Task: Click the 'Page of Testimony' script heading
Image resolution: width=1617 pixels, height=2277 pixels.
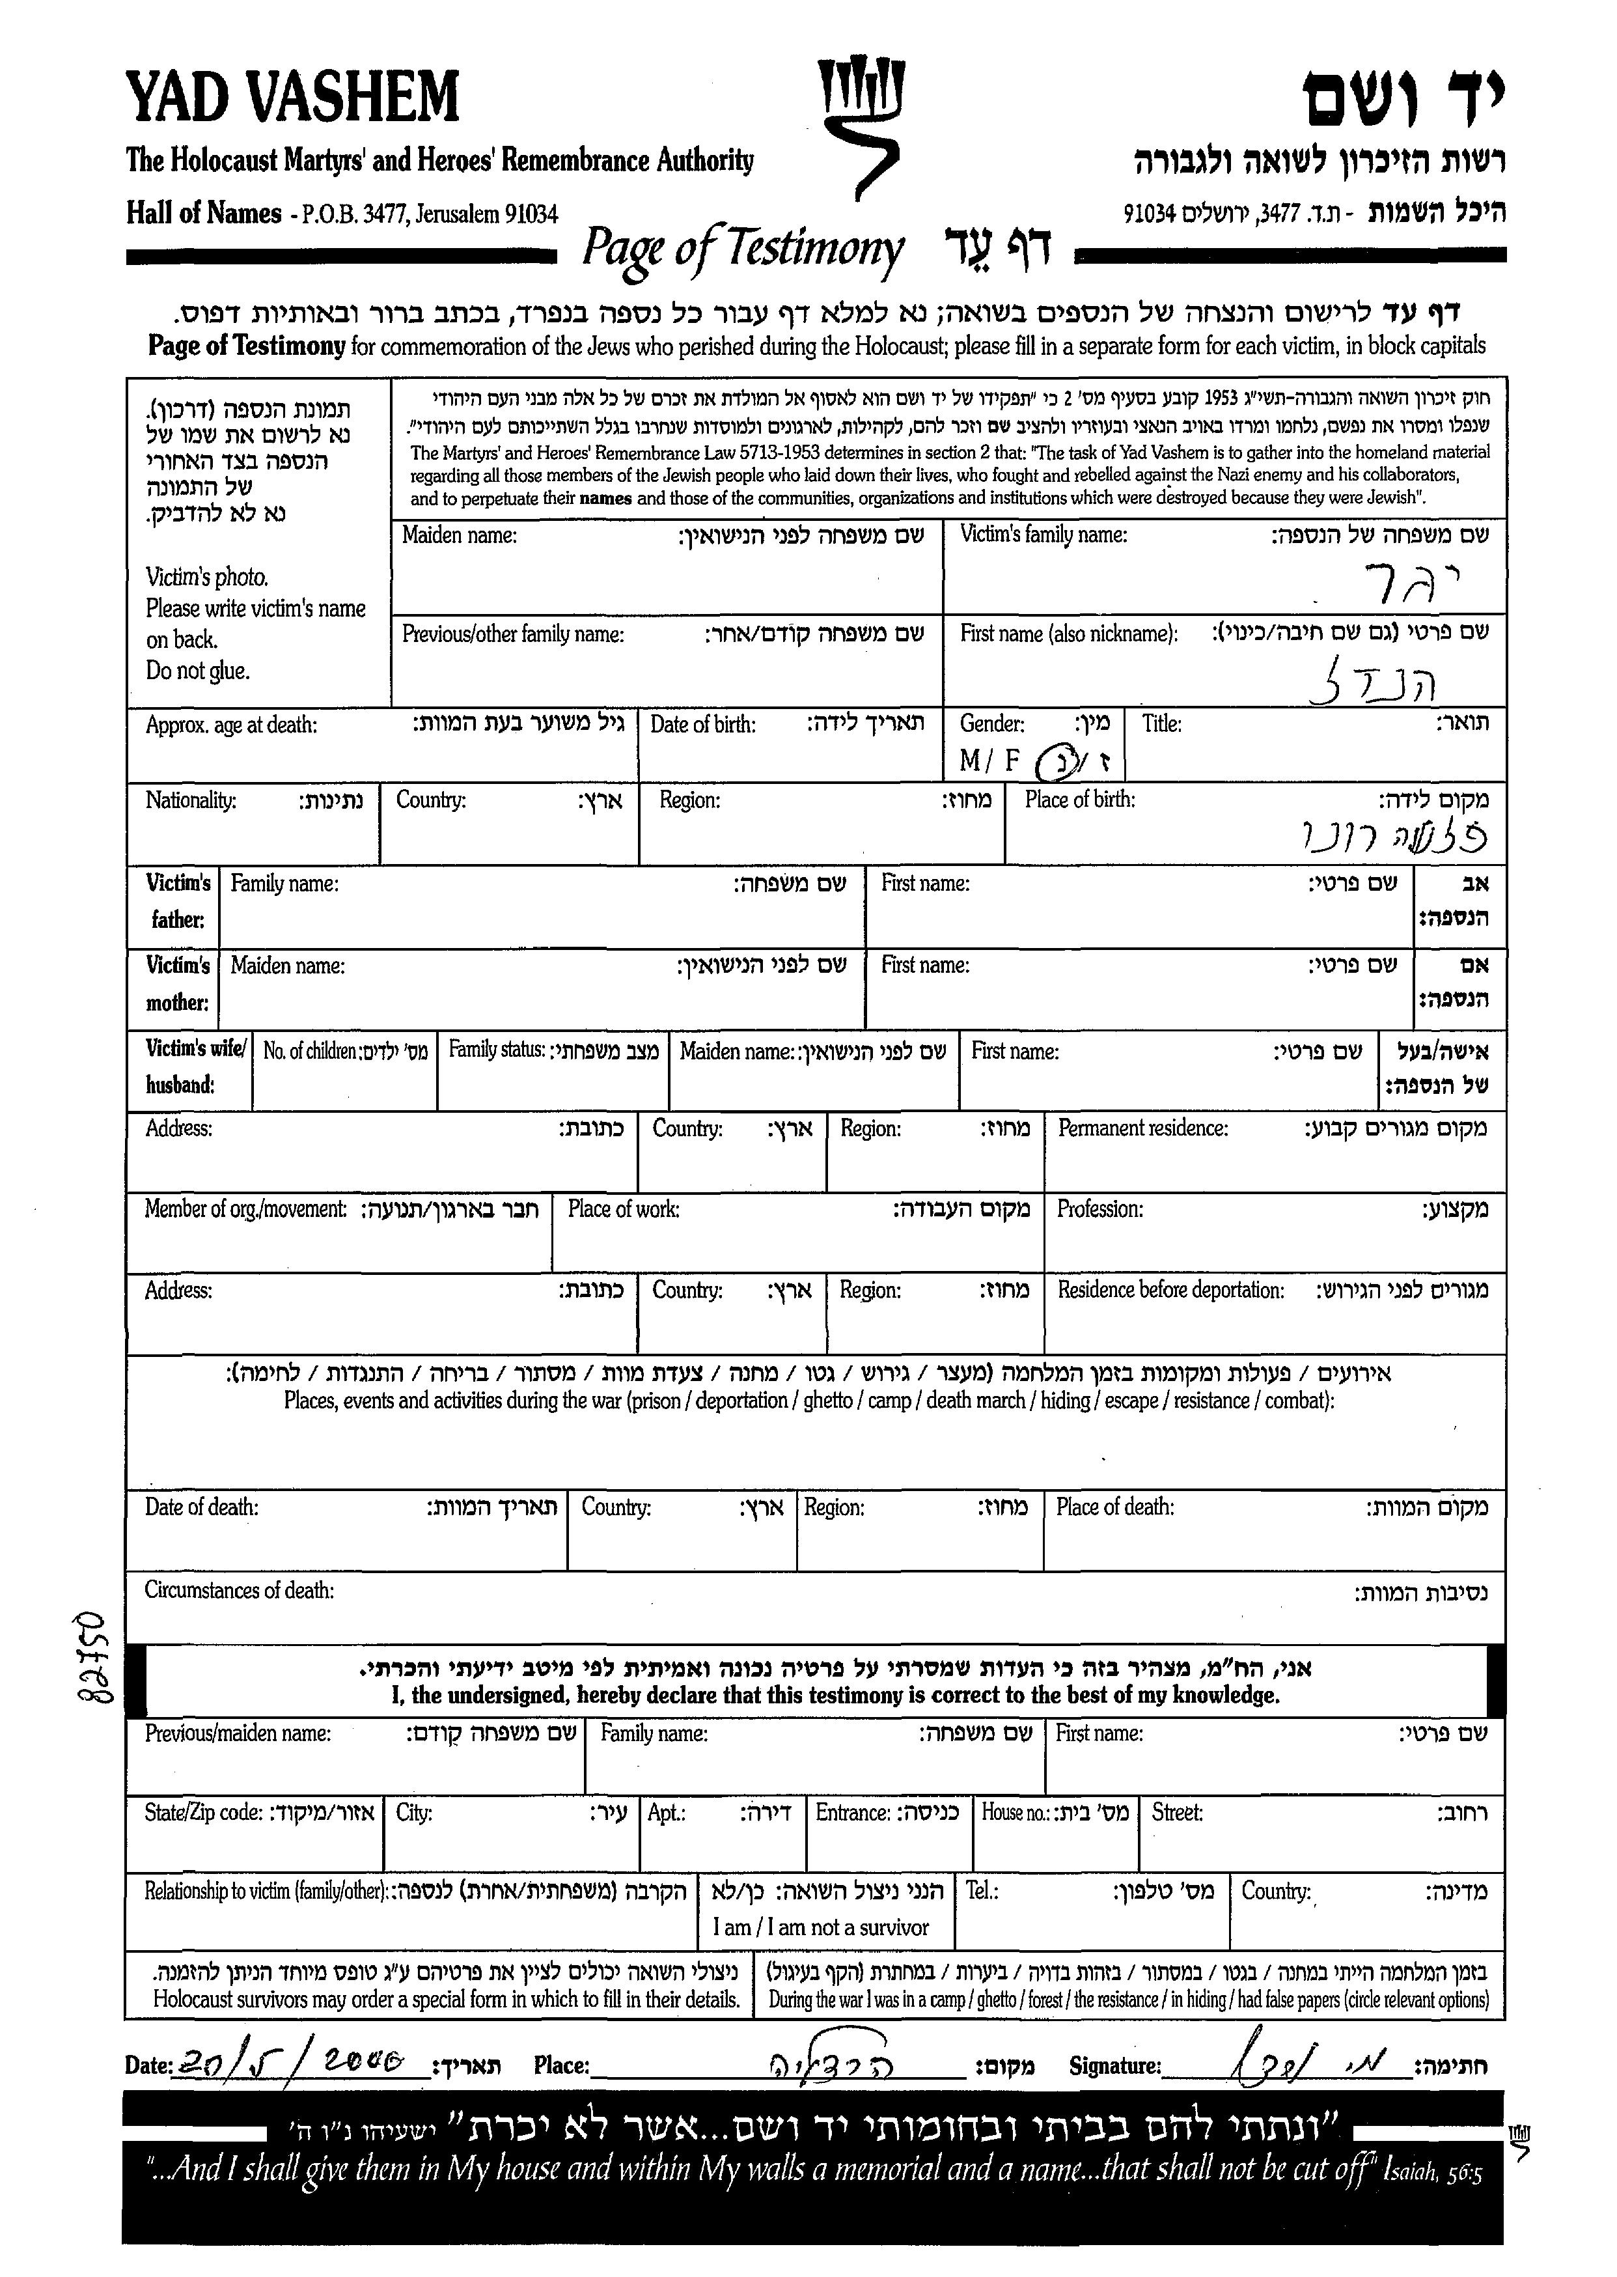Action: [743, 249]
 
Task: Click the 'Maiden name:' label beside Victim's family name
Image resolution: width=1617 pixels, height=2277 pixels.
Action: [459, 536]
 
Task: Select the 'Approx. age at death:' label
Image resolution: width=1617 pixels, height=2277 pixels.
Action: [231, 725]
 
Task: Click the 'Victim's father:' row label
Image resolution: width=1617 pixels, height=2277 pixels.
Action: [177, 901]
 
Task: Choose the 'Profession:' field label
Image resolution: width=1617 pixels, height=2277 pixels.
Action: [1099, 1209]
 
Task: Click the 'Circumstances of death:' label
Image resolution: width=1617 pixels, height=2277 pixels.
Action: [239, 1591]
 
